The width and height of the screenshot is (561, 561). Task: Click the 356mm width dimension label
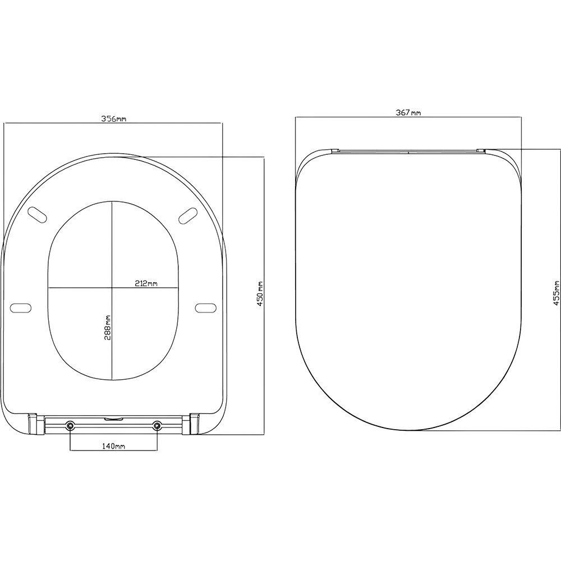[x=113, y=119]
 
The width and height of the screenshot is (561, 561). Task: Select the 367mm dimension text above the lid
[x=408, y=113]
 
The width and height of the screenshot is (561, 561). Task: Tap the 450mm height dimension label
[x=259, y=296]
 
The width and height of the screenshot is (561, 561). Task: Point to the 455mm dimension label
[x=556, y=292]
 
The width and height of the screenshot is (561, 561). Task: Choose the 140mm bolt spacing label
[x=113, y=445]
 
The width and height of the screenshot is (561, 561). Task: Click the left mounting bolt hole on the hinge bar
[x=70, y=426]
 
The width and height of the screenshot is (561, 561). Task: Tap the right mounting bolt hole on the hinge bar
[x=157, y=426]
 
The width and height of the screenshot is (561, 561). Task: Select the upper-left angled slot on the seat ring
[x=38, y=214]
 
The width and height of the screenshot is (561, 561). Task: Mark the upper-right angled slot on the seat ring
[x=188, y=214]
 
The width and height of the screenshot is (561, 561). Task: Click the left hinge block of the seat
[x=32, y=423]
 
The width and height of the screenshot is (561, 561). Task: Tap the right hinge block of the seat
[x=195, y=423]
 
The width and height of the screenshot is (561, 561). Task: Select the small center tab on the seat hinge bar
[x=113, y=417]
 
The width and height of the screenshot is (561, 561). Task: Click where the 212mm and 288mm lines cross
[x=112, y=288]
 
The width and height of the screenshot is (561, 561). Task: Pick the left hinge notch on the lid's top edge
[x=335, y=150]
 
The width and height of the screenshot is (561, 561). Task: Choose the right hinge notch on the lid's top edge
[x=481, y=150]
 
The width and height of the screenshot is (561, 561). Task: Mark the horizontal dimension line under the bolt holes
[x=113, y=450]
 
